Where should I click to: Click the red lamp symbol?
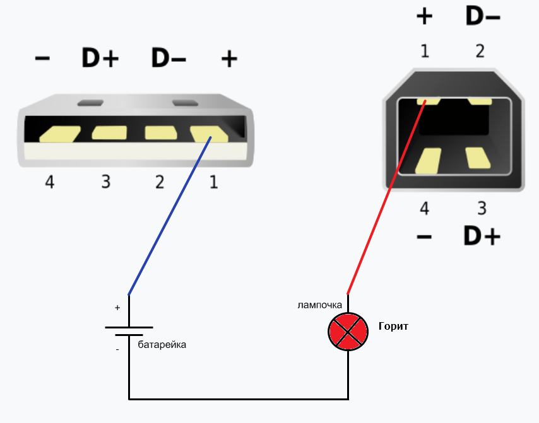348,330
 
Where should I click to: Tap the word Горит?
393,327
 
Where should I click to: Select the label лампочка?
320,305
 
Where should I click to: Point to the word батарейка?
162,345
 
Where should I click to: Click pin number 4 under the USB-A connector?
50,182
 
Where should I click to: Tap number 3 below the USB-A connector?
105,182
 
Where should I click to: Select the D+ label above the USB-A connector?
100,59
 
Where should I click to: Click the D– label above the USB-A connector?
169,59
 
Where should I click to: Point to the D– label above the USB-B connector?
483,16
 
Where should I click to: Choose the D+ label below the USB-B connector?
482,236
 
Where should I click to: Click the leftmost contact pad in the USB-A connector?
59,134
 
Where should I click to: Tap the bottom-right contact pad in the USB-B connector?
478,158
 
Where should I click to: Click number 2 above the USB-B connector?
480,51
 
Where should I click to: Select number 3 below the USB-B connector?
482,208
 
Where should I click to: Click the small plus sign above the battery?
117,308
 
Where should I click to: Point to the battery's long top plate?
129,328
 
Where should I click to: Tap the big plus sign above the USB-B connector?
425,16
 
